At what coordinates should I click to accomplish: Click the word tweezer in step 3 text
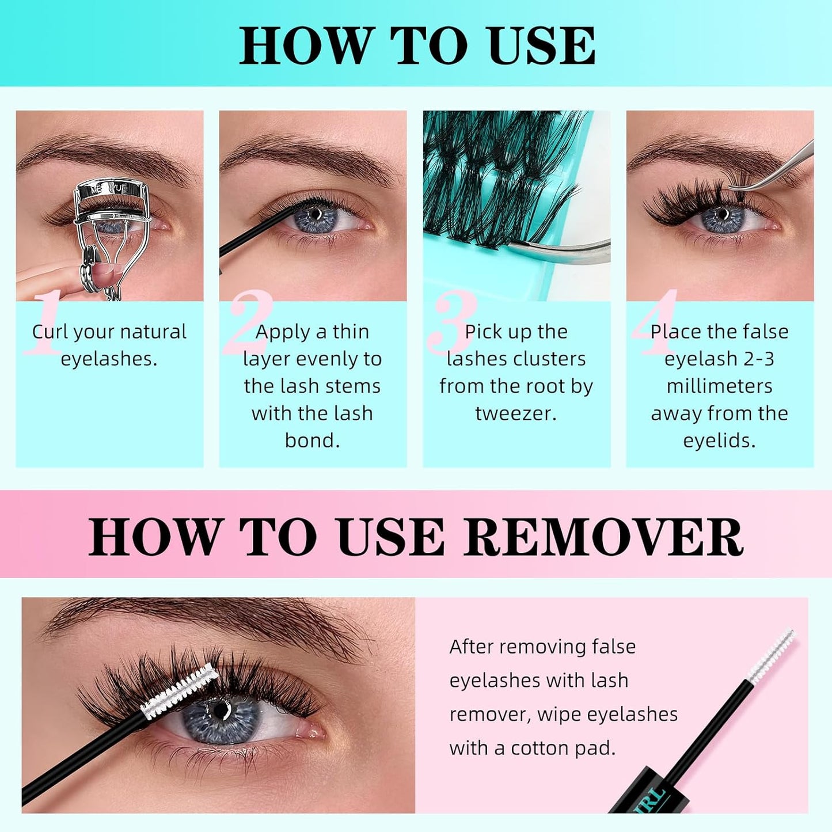click(x=516, y=413)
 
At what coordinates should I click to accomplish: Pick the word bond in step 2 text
click(x=312, y=440)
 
